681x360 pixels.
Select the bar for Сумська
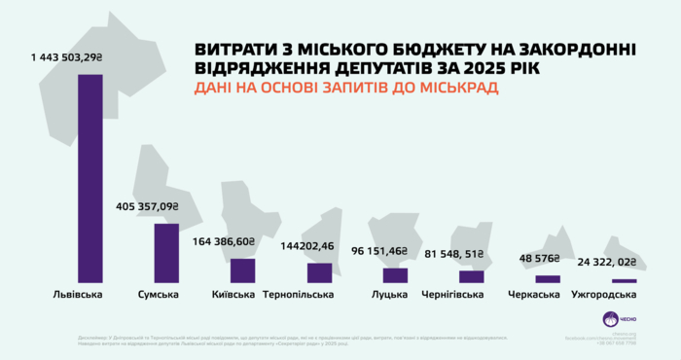166,253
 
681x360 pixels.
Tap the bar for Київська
242,270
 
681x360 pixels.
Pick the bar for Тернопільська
319,272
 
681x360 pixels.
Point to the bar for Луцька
395,275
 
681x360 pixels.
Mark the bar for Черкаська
548,279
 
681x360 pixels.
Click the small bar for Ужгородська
624,281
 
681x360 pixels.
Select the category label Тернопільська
305,295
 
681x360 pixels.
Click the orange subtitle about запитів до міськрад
345,88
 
